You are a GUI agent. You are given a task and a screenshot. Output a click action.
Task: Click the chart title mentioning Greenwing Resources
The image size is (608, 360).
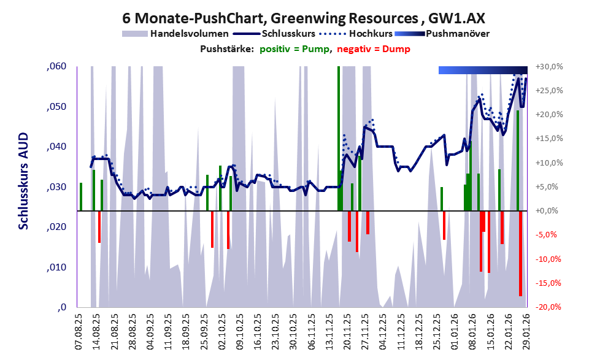(x=304, y=17)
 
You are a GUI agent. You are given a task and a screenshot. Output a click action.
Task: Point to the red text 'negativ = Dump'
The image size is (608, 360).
(x=373, y=49)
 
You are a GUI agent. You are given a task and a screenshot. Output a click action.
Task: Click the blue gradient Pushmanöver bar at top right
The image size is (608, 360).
(x=483, y=71)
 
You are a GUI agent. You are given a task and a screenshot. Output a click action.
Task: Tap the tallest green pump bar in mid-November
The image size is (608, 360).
(x=339, y=138)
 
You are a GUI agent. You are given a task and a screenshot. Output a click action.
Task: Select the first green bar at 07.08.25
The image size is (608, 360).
(x=80, y=197)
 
